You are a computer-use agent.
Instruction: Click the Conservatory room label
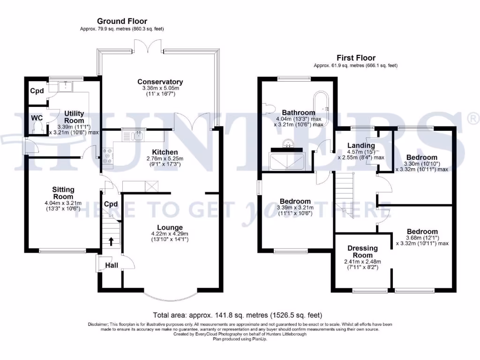160,82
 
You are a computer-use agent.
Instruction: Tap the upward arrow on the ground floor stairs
111,241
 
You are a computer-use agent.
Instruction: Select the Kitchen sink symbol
138,136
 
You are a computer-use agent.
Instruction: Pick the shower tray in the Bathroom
287,161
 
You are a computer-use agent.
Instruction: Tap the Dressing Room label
363,252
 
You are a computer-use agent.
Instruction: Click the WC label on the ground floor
37,118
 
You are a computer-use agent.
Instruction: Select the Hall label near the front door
112,265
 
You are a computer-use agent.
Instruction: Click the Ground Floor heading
122,21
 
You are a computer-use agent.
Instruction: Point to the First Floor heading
356,58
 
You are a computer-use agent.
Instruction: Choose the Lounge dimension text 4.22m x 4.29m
169,233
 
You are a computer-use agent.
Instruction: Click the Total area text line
238,315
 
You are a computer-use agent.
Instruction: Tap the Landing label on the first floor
361,145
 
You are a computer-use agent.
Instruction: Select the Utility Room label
74,117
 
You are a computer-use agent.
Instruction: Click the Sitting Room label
63,193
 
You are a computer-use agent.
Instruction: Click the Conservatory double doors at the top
148,46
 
